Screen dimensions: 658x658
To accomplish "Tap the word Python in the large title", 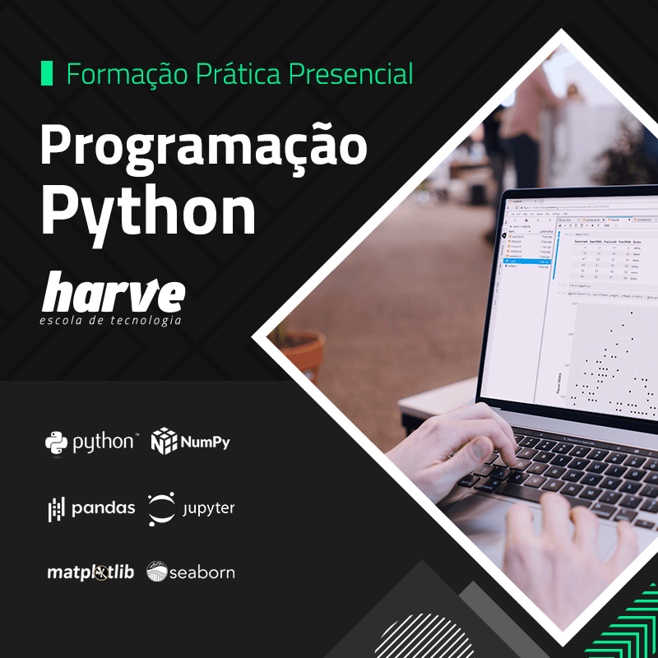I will [149, 212].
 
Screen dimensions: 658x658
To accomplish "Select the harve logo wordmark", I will [114, 294].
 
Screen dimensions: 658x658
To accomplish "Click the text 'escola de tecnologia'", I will [110, 320].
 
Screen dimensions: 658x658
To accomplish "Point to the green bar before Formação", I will [46, 73].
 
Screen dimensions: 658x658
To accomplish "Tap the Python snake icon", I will [56, 443].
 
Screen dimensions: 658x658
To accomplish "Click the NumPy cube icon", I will [164, 442].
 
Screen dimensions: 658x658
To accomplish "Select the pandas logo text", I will [103, 507].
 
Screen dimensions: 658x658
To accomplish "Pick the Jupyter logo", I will [161, 508].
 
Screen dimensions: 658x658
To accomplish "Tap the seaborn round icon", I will [156, 572].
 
